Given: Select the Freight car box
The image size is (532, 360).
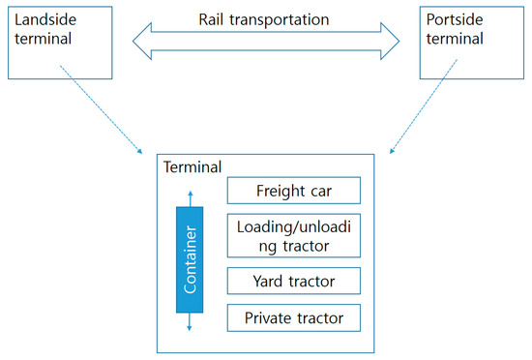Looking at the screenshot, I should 293,190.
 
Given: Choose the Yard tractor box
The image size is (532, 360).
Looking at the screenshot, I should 293,282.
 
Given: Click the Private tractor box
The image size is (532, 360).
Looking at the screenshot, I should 293,316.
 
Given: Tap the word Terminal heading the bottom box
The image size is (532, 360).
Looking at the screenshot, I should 193,165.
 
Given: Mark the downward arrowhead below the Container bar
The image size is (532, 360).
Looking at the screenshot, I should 191,328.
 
